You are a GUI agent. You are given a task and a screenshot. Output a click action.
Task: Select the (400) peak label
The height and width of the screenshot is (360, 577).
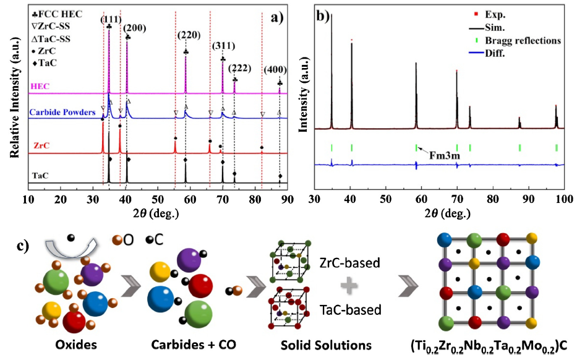tap(276, 71)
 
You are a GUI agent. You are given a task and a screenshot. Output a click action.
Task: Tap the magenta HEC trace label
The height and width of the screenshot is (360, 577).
tap(40, 85)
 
